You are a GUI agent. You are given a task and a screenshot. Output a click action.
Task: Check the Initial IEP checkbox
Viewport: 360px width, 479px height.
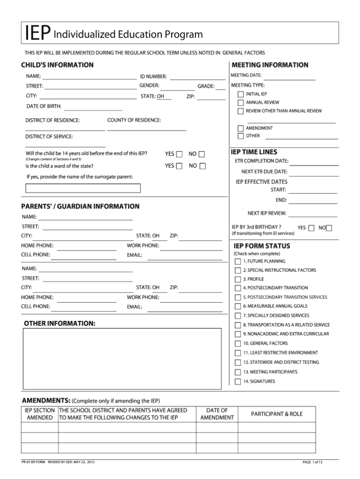coord(240,94)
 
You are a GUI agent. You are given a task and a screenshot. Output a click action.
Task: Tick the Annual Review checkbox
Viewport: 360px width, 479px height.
coord(240,103)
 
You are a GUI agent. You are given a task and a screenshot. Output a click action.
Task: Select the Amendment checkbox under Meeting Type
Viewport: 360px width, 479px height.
coord(240,128)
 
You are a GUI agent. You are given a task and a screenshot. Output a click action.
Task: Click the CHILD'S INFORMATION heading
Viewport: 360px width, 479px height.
coord(57,65)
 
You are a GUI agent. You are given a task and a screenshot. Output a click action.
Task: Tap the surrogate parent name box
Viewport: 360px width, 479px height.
coord(83,188)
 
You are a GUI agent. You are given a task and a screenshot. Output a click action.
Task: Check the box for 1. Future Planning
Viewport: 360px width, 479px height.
coord(238,261)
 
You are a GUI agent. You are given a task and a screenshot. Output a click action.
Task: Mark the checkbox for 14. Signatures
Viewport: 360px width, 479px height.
coord(238,381)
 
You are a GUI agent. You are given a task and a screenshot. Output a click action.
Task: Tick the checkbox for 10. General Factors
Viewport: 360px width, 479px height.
coord(238,343)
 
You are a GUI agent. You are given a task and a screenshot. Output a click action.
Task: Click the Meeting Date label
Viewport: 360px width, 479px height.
coord(246,75)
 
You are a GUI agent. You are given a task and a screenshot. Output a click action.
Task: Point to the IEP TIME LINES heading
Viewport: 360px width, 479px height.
coord(254,152)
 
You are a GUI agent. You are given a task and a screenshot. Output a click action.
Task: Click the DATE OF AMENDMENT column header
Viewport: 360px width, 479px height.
coord(217,414)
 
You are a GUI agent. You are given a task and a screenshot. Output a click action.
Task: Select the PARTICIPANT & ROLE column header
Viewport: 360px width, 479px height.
coord(277,414)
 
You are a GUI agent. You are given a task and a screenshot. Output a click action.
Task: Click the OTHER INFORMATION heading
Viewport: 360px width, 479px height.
coord(60,324)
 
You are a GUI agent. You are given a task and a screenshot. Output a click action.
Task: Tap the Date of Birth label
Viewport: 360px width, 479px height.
coord(44,106)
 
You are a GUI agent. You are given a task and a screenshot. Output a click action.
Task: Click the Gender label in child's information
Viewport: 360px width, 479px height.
coord(149,85)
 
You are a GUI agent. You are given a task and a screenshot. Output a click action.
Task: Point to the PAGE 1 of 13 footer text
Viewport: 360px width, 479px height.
coord(313,462)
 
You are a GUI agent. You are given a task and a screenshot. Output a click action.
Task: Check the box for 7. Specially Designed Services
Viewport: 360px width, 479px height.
coord(238,316)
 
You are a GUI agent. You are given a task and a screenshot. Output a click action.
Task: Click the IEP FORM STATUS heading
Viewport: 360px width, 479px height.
coord(262,246)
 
